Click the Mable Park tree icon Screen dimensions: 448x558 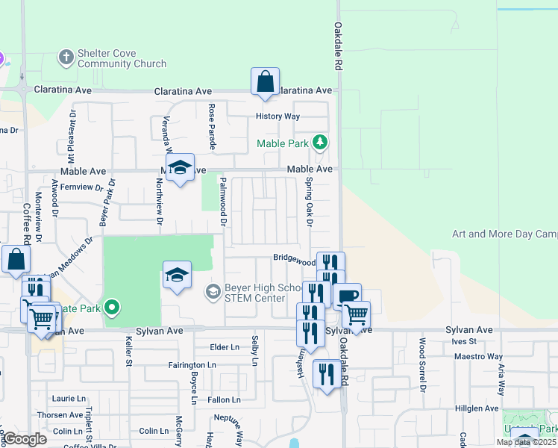click(x=319, y=142)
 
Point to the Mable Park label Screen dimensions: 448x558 click(x=283, y=143)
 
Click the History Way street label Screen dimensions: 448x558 click(x=278, y=116)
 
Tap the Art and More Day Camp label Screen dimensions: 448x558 click(x=504, y=234)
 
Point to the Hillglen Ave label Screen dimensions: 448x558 click(x=477, y=408)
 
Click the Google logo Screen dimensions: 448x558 click(x=25, y=439)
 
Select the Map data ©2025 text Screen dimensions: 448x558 click(x=526, y=442)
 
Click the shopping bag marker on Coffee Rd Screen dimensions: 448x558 click(x=16, y=260)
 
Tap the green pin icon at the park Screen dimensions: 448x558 click(x=112, y=306)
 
